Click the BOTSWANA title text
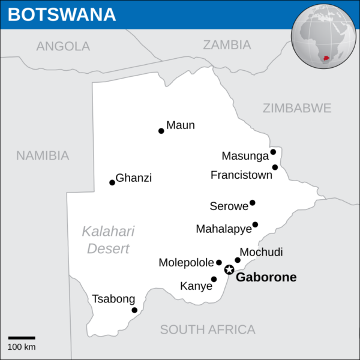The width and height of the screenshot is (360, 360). click(x=62, y=14)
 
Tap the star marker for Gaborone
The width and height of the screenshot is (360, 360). click(x=229, y=269)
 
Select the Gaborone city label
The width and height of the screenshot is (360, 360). click(x=266, y=277)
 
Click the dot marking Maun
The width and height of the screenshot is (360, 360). click(x=161, y=131)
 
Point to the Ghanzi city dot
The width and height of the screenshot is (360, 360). click(x=112, y=182)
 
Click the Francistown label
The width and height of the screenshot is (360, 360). click(x=241, y=175)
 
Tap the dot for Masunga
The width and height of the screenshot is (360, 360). click(x=273, y=152)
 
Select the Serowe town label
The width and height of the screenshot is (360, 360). click(x=229, y=206)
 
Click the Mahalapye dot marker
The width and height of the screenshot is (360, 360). click(x=255, y=224)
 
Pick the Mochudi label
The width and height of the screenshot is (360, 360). click(x=261, y=252)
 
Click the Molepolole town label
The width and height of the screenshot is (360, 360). click(x=186, y=263)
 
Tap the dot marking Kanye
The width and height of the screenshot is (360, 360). click(x=214, y=279)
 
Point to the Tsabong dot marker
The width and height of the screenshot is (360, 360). click(x=134, y=310)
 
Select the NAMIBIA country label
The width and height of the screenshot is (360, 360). click(x=43, y=155)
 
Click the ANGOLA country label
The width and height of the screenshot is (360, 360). click(x=63, y=46)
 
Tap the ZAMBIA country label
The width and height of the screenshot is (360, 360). click(x=227, y=44)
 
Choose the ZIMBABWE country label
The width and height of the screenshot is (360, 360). click(x=296, y=108)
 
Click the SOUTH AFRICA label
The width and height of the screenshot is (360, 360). click(x=208, y=329)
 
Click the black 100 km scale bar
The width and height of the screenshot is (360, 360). click(x=22, y=338)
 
